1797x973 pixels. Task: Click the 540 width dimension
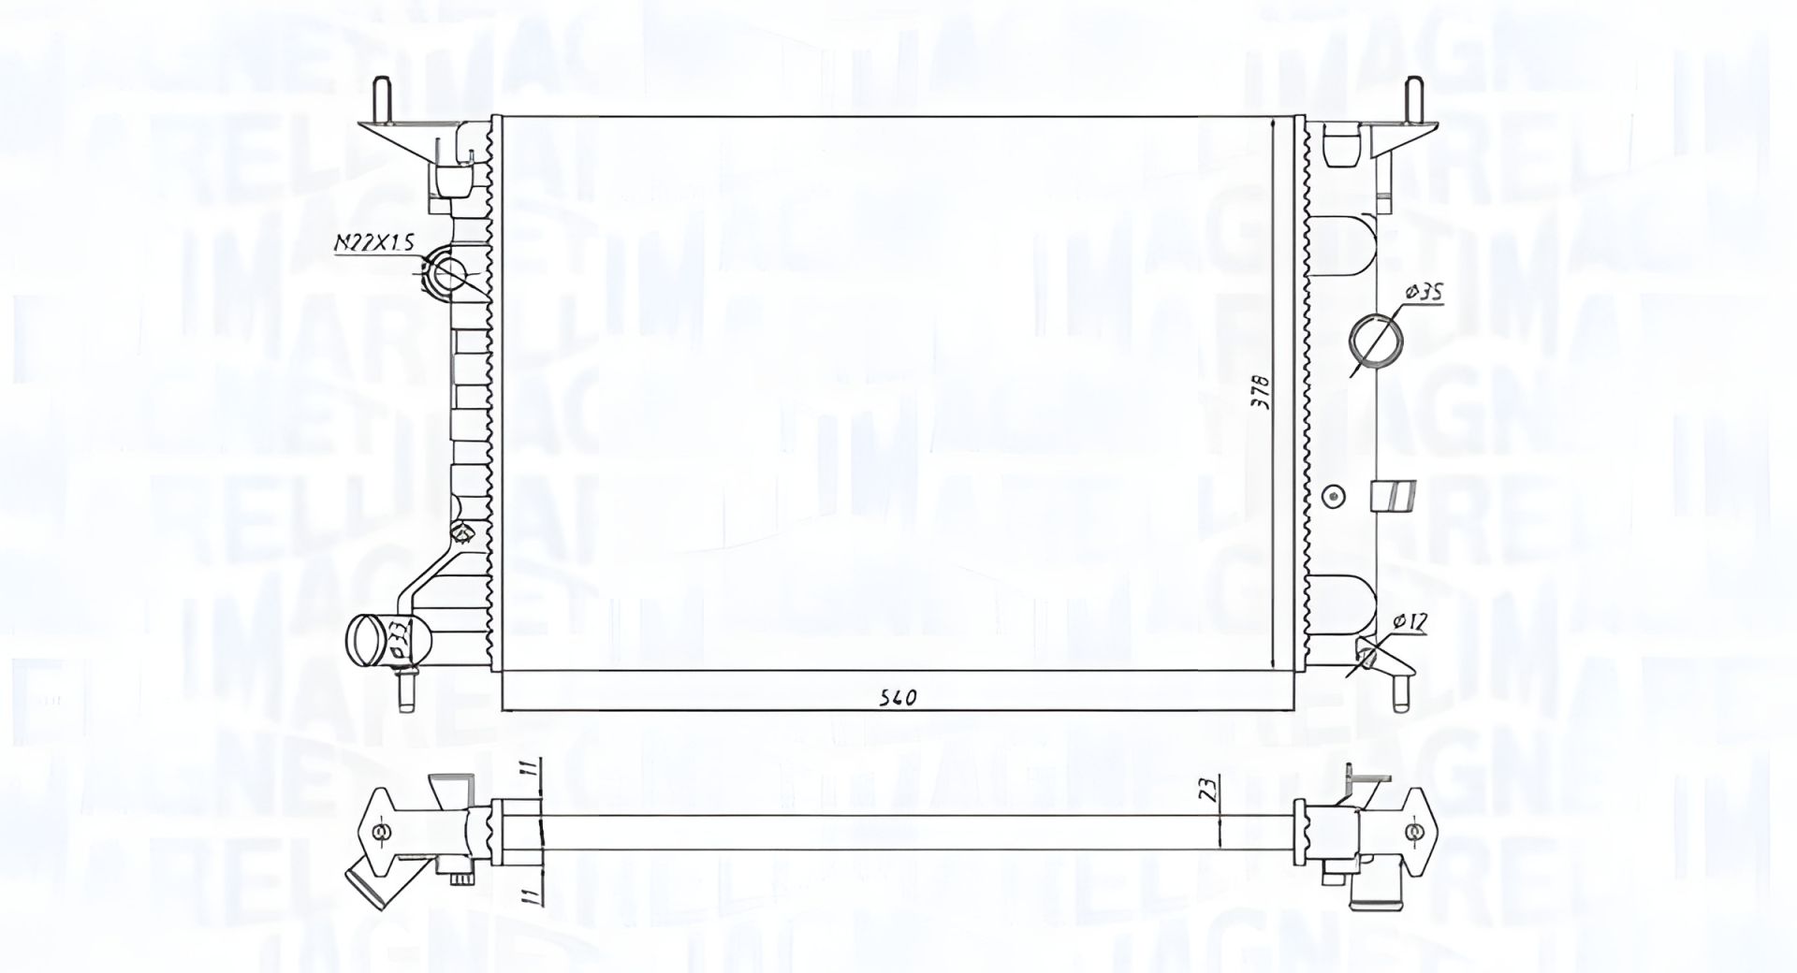click(x=897, y=697)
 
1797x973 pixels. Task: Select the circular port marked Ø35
click(x=1376, y=341)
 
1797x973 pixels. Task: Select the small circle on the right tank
click(x=1335, y=495)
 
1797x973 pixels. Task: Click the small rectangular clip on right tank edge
click(x=1395, y=496)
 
